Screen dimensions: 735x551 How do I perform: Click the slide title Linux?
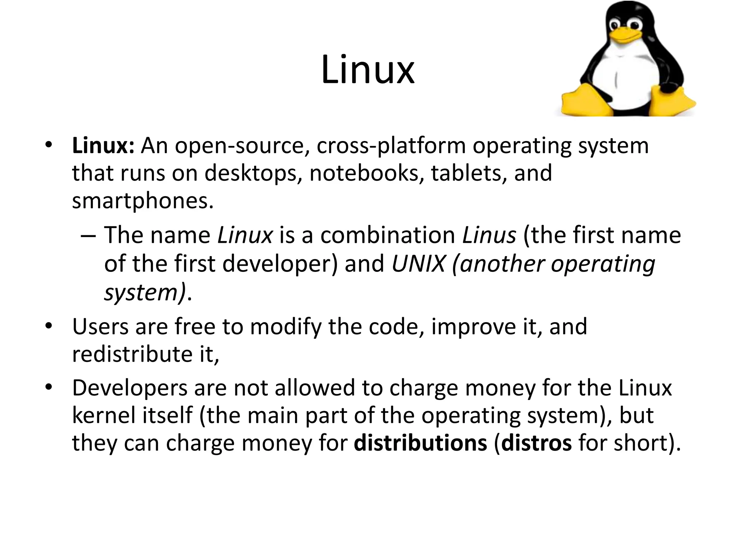pos(367,70)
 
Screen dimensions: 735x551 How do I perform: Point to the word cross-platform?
pos(391,146)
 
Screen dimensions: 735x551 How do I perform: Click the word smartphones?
pos(142,201)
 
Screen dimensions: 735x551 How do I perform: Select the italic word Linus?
pos(489,235)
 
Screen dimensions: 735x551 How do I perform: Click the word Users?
pos(100,327)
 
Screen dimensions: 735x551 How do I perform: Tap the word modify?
pos(286,328)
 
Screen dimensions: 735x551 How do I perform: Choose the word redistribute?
pos(132,354)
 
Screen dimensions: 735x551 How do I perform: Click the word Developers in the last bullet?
pos(130,388)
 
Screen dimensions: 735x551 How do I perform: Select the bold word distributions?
pos(420,443)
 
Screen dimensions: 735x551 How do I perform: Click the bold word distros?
pos(536,443)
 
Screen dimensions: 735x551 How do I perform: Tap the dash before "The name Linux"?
pos(88,236)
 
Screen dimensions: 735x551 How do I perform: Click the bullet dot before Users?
pos(49,326)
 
